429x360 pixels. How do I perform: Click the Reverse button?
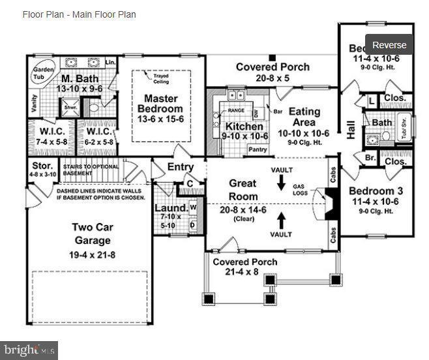pyautogui.click(x=389, y=45)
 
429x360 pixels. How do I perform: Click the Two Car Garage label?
pyautogui.click(x=91, y=233)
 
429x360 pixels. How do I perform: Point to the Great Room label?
pyautogui.click(x=243, y=190)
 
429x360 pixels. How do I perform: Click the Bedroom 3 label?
pyautogui.click(x=376, y=190)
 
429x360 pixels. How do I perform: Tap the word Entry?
pyautogui.click(x=180, y=168)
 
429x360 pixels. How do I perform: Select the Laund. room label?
pyautogui.click(x=171, y=209)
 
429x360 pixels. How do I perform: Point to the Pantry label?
pyautogui.click(x=259, y=149)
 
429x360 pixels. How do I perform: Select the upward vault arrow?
pyautogui.click(x=281, y=218)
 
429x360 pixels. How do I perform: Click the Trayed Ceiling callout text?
pyautogui.click(x=160, y=79)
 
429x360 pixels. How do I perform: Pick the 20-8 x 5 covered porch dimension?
pyautogui.click(x=273, y=78)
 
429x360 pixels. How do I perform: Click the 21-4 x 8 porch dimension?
pyautogui.click(x=245, y=272)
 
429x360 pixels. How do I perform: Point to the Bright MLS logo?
pyautogui.click(x=29, y=350)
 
